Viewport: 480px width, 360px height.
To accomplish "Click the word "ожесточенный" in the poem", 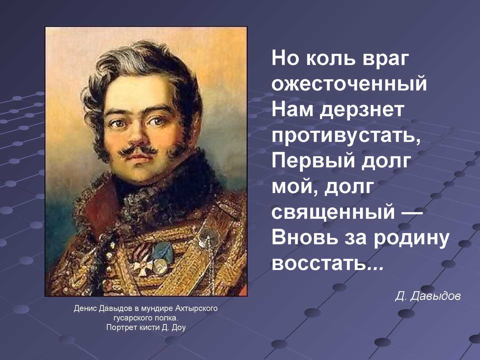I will click(x=349, y=84).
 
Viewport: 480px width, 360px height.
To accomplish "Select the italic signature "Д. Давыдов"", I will click(x=428, y=296).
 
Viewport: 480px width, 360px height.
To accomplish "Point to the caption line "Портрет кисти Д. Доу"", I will click(x=146, y=327).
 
